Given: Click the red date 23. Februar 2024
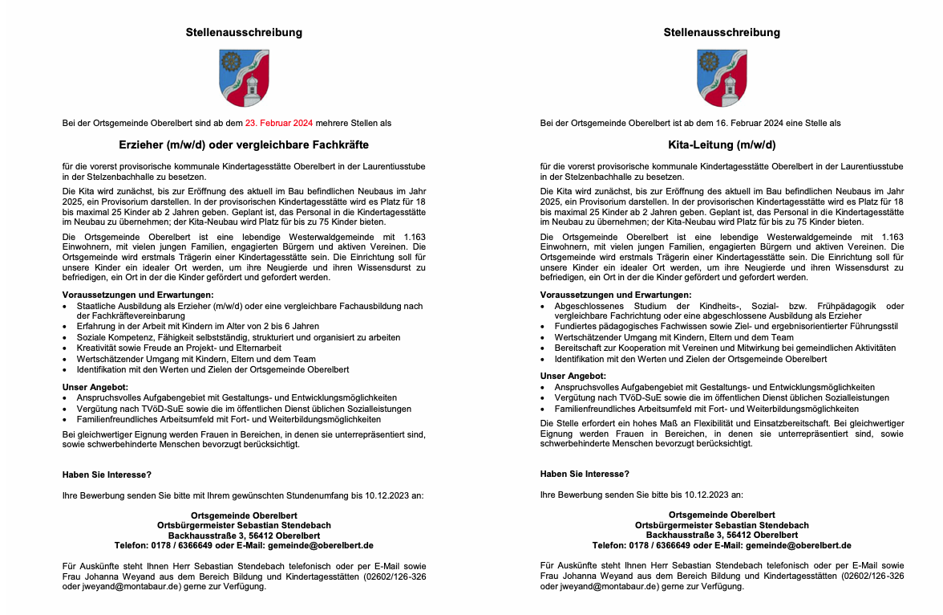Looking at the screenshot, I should click(x=279, y=123).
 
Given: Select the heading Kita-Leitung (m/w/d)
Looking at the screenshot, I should click(x=722, y=145).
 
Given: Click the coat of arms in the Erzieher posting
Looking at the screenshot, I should click(x=244, y=78).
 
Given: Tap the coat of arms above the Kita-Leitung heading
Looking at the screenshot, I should click(x=722, y=78).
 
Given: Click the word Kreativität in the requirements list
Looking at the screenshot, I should click(x=99, y=348).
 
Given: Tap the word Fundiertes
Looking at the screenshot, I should click(x=576, y=327).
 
